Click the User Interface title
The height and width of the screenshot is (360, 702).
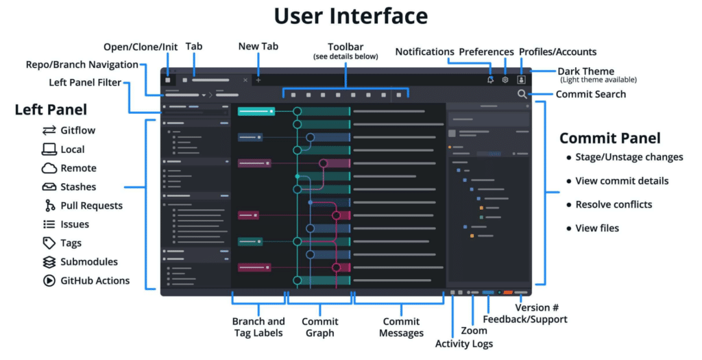click(350, 16)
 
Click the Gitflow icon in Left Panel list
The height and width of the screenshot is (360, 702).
click(49, 130)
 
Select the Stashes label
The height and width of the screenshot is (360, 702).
click(78, 187)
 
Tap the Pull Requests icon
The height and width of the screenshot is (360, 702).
click(49, 205)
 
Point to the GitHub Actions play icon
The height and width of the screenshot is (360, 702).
click(49, 280)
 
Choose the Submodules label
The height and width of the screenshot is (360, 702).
click(88, 261)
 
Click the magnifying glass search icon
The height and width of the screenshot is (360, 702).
click(522, 95)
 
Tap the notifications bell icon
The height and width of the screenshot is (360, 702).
click(490, 80)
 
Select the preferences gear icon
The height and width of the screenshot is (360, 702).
click(505, 80)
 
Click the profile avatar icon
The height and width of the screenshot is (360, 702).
click(521, 80)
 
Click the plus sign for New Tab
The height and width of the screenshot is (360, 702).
click(258, 80)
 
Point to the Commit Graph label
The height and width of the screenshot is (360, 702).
click(319, 327)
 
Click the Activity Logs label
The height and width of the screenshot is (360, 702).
click(463, 344)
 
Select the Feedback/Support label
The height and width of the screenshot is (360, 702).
click(524, 319)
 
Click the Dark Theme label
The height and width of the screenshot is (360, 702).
click(585, 71)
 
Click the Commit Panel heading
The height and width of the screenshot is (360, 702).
click(609, 138)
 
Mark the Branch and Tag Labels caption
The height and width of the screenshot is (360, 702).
click(258, 327)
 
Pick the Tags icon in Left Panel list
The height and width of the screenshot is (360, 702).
click(49, 243)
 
